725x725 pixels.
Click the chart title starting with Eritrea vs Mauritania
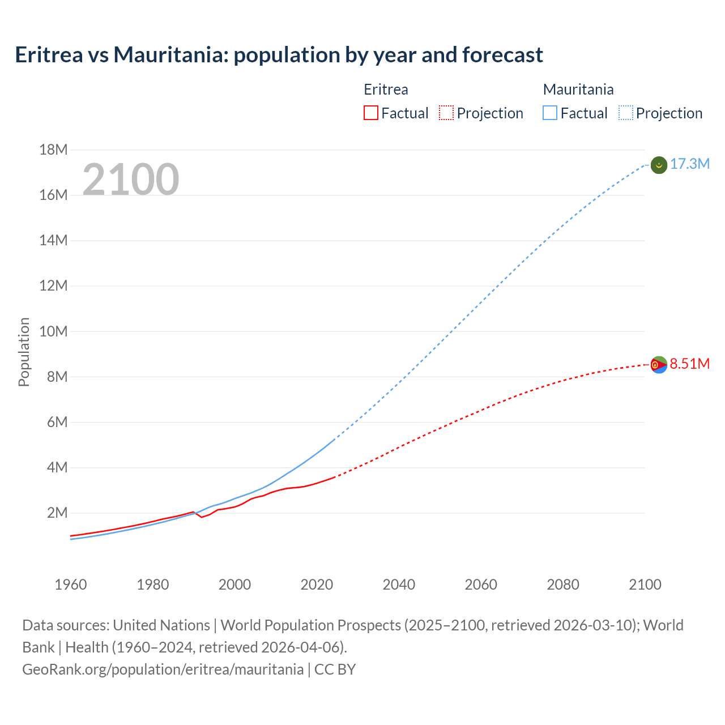(x=279, y=55)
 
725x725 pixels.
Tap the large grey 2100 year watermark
(x=131, y=180)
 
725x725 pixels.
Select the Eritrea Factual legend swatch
(x=371, y=113)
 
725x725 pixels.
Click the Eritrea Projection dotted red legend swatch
(x=446, y=113)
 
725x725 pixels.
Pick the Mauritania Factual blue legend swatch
(x=550, y=113)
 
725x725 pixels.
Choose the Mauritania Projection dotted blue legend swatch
(x=626, y=113)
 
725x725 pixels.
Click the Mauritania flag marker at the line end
(x=659, y=165)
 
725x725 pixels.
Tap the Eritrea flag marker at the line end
(x=659, y=365)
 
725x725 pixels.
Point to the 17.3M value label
(x=690, y=164)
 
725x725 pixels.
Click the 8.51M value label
(x=690, y=364)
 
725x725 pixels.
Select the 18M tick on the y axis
(x=53, y=150)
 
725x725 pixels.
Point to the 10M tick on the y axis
(x=53, y=331)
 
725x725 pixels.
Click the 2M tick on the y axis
(x=57, y=513)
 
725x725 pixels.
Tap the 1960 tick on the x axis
(x=71, y=585)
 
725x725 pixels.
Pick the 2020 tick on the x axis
(x=317, y=585)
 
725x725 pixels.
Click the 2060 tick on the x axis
(x=481, y=585)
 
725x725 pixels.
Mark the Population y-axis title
(x=24, y=352)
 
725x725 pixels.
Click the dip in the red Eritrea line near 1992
(x=202, y=517)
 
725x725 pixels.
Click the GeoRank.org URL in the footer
(x=163, y=669)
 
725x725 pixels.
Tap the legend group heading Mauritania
(x=578, y=89)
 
